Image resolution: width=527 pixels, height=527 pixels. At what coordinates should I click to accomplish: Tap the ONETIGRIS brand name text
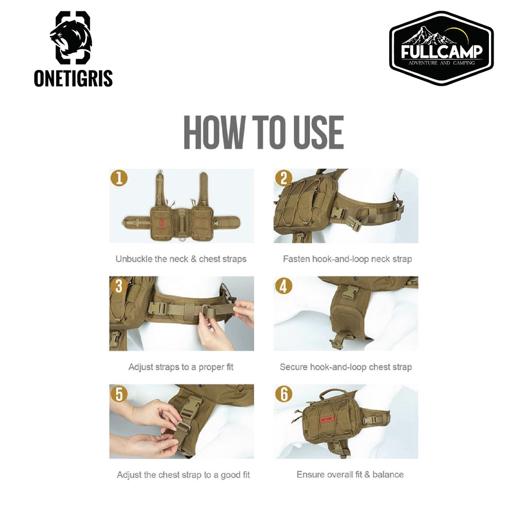[x=73, y=78]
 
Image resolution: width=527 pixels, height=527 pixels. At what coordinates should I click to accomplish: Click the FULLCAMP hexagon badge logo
[x=442, y=48]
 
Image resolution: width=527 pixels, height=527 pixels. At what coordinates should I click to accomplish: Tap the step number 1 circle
[x=119, y=178]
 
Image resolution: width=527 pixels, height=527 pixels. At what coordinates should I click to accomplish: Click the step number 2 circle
[x=284, y=178]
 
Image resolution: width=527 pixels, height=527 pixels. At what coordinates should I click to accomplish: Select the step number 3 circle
[x=119, y=286]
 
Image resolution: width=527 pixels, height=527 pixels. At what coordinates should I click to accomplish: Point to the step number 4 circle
[x=284, y=286]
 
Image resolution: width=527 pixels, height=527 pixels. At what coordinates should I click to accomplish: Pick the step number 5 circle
[x=119, y=394]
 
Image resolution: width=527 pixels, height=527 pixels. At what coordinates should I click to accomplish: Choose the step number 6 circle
[x=284, y=394]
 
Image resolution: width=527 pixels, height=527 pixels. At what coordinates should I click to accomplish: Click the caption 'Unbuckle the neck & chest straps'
[x=181, y=259]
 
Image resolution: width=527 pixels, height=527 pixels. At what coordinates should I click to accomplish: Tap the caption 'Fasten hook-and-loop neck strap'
[x=347, y=259]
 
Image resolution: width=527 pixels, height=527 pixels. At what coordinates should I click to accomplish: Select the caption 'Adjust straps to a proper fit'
[x=181, y=367]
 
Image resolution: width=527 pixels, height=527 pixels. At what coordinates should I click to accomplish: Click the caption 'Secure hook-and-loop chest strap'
[x=346, y=367]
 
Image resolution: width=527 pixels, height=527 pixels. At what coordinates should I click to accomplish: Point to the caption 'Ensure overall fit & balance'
[x=350, y=475]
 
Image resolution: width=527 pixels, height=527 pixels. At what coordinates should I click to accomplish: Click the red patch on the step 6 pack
[x=326, y=419]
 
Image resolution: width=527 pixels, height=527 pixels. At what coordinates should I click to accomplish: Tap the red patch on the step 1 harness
[x=161, y=223]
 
